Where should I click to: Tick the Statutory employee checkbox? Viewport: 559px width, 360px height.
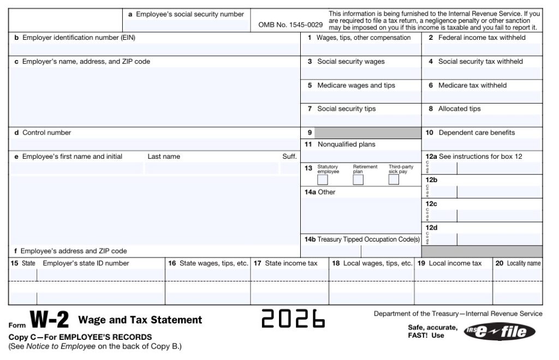click(x=323, y=180)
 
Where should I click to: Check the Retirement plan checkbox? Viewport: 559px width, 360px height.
click(x=359, y=180)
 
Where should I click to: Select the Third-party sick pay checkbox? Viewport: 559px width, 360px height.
click(x=394, y=180)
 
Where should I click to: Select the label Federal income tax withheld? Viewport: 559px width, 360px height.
click(x=481, y=38)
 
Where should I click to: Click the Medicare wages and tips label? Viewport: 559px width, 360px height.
click(x=356, y=85)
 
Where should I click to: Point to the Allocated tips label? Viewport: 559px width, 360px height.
click(x=459, y=109)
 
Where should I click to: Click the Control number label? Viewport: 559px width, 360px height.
click(x=46, y=133)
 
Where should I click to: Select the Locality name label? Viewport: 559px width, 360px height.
click(x=523, y=263)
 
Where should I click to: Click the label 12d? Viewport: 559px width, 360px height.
click(x=431, y=227)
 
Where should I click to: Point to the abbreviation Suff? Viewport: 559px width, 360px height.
click(x=289, y=157)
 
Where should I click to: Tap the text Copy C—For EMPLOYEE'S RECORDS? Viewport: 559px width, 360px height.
click(x=80, y=337)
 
